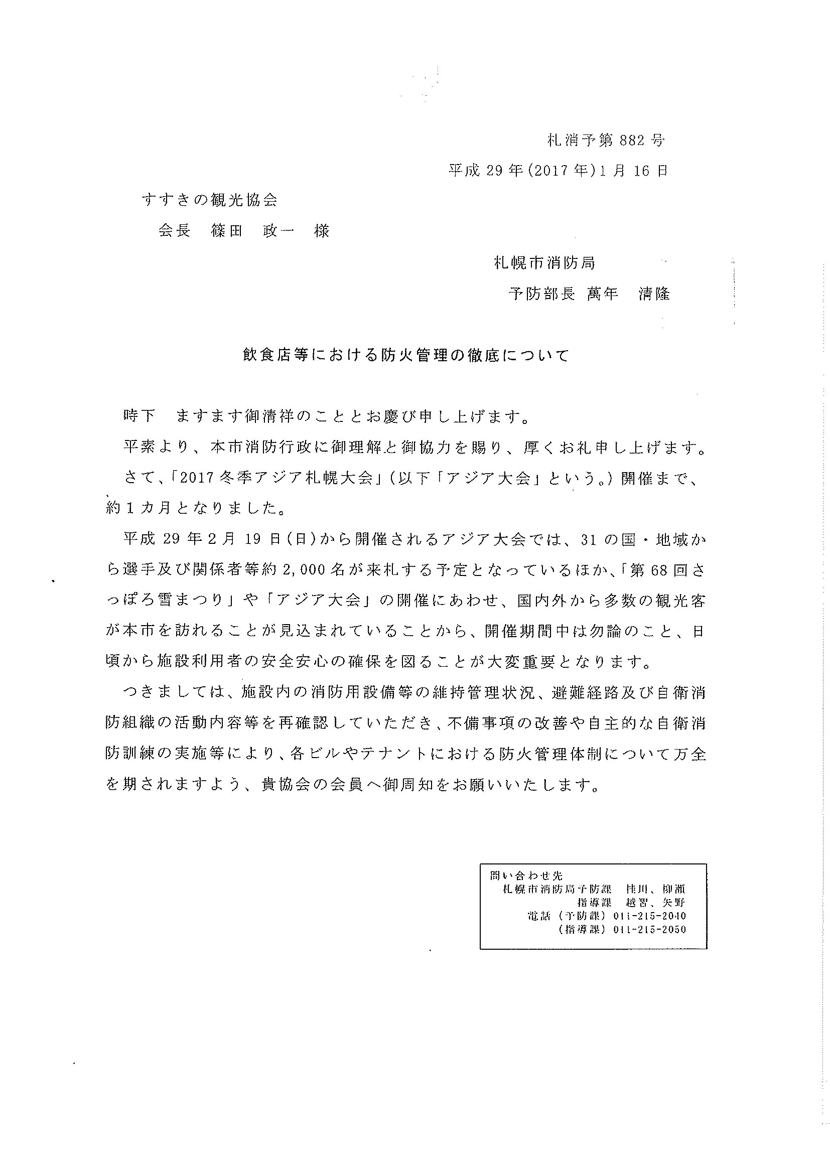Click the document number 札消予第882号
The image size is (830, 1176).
[x=606, y=140]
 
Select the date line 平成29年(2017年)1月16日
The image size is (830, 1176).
[x=558, y=171]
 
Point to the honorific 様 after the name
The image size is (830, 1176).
[x=322, y=231]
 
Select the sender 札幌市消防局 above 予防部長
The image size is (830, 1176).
[x=544, y=263]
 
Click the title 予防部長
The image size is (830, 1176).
[x=541, y=294]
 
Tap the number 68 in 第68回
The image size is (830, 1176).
[x=659, y=570]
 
